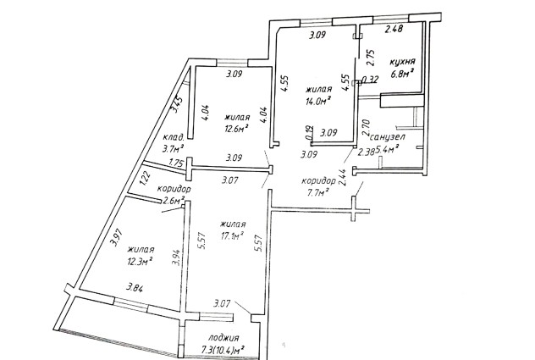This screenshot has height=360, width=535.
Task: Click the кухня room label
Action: (x=403, y=62)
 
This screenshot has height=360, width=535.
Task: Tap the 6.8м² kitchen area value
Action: (x=403, y=74)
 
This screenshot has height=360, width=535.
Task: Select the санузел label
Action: (x=388, y=137)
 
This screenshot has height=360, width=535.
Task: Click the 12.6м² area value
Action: (x=236, y=129)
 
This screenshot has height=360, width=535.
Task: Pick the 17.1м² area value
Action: (x=232, y=235)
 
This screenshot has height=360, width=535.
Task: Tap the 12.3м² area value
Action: (x=140, y=261)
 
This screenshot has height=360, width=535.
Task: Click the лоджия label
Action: (x=223, y=338)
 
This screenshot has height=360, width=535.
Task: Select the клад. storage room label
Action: (x=174, y=137)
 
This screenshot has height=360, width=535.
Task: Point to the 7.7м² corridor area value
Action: (x=316, y=193)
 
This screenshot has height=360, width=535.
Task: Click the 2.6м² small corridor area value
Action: (x=174, y=200)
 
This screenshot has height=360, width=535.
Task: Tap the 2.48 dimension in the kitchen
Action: (x=394, y=29)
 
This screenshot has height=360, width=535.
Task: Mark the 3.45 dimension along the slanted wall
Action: (x=177, y=104)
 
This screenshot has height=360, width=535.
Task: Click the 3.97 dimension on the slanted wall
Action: (x=116, y=237)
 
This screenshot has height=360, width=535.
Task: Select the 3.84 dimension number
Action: (x=135, y=288)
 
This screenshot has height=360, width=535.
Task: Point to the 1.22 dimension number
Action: (x=145, y=178)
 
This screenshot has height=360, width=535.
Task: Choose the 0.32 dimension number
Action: (x=370, y=80)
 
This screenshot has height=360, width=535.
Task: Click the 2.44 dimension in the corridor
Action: (x=343, y=178)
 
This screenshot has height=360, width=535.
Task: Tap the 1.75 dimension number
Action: (x=177, y=163)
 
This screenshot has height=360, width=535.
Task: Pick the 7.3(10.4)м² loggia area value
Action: (x=223, y=350)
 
